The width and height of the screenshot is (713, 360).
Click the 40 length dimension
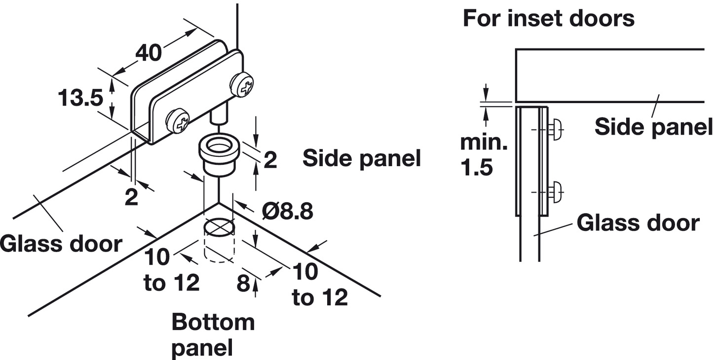pos(150,53)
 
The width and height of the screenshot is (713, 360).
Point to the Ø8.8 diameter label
pos(288,212)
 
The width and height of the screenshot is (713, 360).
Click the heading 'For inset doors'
pos(548,18)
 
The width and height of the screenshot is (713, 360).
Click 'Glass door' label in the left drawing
pos(60,244)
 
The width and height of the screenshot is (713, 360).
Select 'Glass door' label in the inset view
pos(638,223)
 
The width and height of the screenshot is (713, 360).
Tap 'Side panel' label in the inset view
pos(653,127)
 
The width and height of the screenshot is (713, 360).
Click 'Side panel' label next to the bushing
pos(362,158)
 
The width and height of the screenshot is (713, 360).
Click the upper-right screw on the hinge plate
pos(243,85)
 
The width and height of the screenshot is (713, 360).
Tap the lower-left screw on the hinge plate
pos(178,120)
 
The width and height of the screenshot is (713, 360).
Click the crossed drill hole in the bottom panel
pos(218,227)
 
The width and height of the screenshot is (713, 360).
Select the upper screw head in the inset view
pos(556,130)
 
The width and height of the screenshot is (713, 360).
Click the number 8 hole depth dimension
pos(244,284)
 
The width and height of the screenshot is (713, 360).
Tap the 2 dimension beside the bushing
pos(270,160)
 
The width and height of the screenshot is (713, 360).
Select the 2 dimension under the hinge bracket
pos(131,197)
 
